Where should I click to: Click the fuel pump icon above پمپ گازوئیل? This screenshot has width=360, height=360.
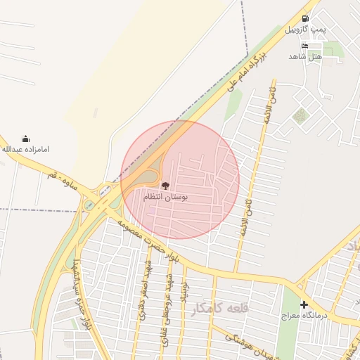pyautogui.click(x=304, y=18)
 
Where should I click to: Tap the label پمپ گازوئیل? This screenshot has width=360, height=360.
pyautogui.click(x=304, y=30)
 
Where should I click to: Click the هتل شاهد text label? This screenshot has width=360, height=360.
pyautogui.click(x=304, y=56)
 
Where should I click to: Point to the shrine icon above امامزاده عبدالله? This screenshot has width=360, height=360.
pyautogui.click(x=26, y=139)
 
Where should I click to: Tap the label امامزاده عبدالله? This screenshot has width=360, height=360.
pyautogui.click(x=26, y=150)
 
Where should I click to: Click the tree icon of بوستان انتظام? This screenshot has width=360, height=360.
pyautogui.click(x=165, y=186)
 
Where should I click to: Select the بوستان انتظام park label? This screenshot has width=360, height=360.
pyautogui.click(x=166, y=198)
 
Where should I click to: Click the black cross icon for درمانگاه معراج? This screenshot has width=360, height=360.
pyautogui.click(x=304, y=304)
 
